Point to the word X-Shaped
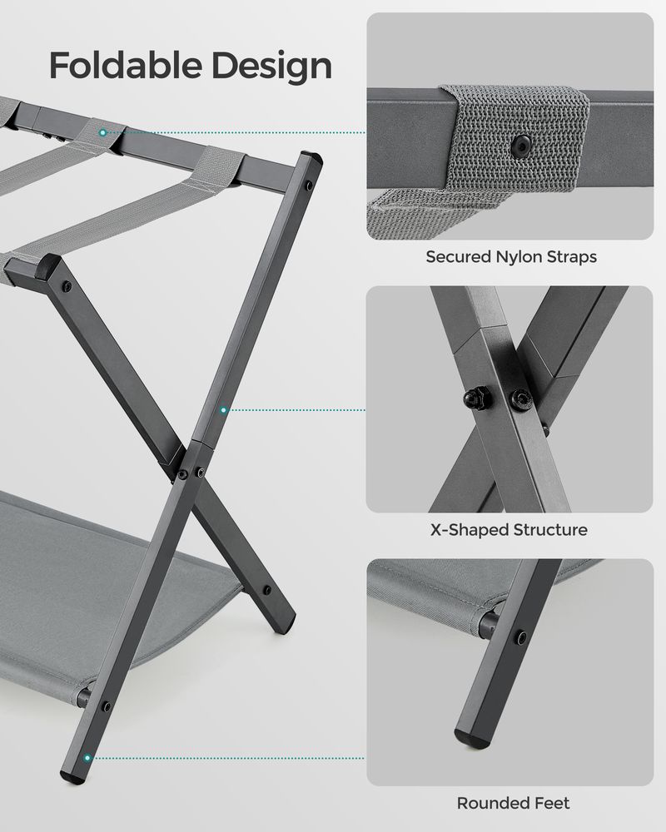(466, 529)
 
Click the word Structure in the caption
(549, 529)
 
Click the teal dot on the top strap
(102, 132)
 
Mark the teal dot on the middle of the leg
(224, 410)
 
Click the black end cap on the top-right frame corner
(309, 159)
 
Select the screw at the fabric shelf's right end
(266, 590)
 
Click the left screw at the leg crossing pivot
(182, 475)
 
